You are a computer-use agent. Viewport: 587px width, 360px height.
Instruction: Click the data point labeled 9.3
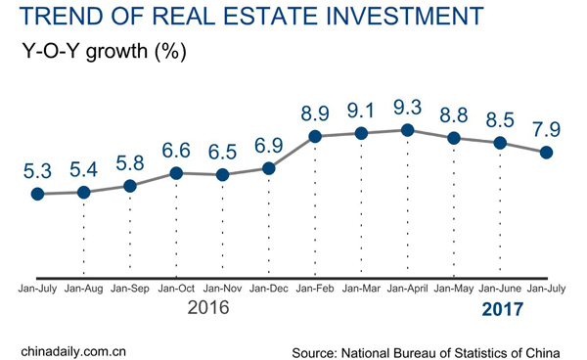coord(408,130)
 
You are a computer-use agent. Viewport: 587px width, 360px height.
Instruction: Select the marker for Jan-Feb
coord(315,137)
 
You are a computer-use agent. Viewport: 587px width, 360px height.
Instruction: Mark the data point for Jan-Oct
coord(176,173)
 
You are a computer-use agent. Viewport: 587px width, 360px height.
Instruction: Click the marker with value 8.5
coord(501,143)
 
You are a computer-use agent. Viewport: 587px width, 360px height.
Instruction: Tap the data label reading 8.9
coord(315,110)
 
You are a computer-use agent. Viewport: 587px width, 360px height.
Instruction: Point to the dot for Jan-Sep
coord(130,185)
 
